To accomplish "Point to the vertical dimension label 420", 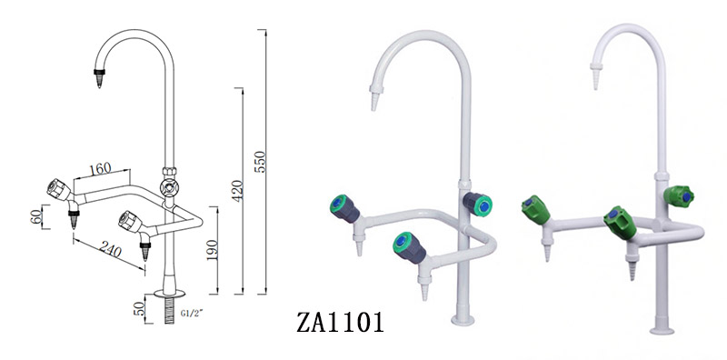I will pos(238,191).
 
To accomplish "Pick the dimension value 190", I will pos(212,249).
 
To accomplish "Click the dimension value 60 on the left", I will pos(35,219).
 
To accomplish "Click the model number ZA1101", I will pos(341,322).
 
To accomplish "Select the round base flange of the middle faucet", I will pos(463,318).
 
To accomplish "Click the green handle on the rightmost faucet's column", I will pos(680,195).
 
